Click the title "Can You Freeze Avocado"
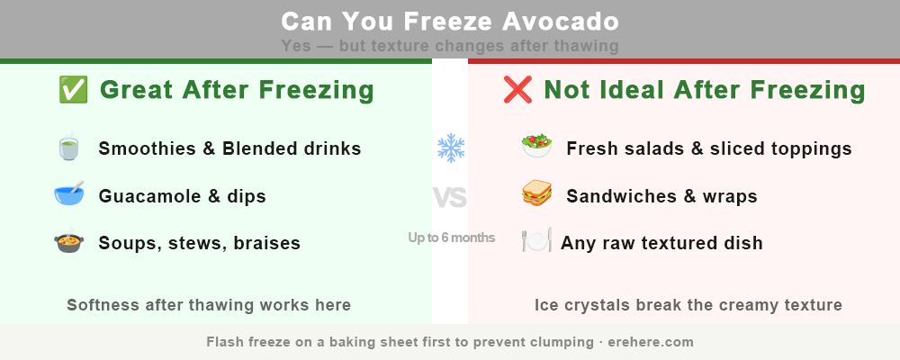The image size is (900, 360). pyautogui.click(x=449, y=21)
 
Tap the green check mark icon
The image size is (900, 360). pyautogui.click(x=72, y=90)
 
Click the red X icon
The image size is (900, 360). pyautogui.click(x=517, y=90)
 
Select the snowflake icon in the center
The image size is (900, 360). pyautogui.click(x=450, y=148)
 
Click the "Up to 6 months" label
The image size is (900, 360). pyautogui.click(x=451, y=238)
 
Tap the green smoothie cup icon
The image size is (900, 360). pyautogui.click(x=68, y=148)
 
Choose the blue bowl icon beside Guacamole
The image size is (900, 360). pyautogui.click(x=68, y=195)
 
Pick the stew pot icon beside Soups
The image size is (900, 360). pyautogui.click(x=68, y=243)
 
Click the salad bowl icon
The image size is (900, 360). pyautogui.click(x=536, y=148)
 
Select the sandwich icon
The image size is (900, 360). pyautogui.click(x=536, y=195)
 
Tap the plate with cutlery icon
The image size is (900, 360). pyautogui.click(x=536, y=242)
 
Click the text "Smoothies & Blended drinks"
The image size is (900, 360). pyautogui.click(x=229, y=148)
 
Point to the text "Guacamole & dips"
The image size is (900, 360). pyautogui.click(x=182, y=196)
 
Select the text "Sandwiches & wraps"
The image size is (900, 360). pyautogui.click(x=661, y=196)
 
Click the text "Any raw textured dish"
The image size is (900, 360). pyautogui.click(x=661, y=243)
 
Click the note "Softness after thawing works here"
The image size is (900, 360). pyautogui.click(x=209, y=305)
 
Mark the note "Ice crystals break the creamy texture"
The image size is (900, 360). pyautogui.click(x=688, y=305)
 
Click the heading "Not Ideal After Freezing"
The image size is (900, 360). pyautogui.click(x=705, y=90)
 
